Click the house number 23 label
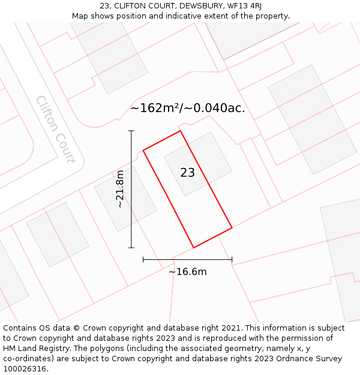click(187, 173)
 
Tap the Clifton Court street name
click(55, 129)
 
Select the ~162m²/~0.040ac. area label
click(187, 108)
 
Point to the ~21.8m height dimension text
click(120, 189)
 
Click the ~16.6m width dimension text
click(187, 272)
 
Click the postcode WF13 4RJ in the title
click(244, 6)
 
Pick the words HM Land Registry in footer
click(34, 348)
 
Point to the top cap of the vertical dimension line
click(131, 131)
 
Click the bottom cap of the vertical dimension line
click(131, 247)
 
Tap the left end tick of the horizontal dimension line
click(143, 259)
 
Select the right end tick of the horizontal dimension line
click(232, 259)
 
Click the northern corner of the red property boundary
click(180, 131)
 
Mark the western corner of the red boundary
click(143, 150)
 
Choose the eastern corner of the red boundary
click(232, 228)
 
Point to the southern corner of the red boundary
click(193, 247)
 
